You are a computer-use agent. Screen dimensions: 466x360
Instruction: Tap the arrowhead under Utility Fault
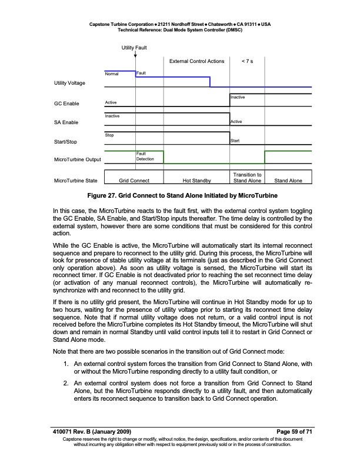click(136, 56)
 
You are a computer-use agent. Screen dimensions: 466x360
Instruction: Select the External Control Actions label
click(196, 61)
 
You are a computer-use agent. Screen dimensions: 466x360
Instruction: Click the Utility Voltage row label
click(69, 83)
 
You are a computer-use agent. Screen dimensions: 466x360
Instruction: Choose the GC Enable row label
click(66, 104)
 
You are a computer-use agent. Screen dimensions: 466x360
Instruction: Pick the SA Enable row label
click(66, 122)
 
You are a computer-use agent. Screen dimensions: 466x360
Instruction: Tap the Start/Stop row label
click(65, 142)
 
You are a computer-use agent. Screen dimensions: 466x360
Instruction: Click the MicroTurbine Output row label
click(78, 159)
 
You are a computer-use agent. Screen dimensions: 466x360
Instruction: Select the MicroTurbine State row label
click(76, 181)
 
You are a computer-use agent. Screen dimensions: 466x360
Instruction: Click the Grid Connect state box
click(134, 181)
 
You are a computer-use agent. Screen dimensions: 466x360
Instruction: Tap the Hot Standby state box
click(196, 181)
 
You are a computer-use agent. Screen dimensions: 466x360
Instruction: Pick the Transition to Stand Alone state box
click(247, 178)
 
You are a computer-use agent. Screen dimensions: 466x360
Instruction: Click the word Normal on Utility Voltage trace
click(111, 74)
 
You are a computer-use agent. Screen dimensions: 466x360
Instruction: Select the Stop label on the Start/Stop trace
click(109, 135)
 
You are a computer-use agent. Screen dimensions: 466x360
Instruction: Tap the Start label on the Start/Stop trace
click(235, 141)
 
